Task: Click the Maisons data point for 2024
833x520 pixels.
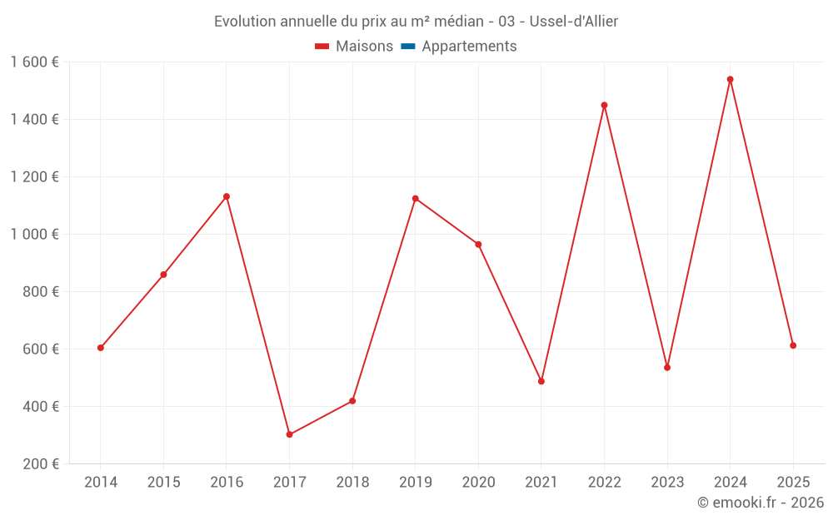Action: click(730, 80)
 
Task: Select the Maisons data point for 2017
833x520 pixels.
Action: click(289, 434)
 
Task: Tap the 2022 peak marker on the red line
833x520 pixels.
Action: click(604, 106)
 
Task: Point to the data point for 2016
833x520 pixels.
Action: click(227, 196)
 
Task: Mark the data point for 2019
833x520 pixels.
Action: click(415, 199)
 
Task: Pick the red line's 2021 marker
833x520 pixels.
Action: click(541, 381)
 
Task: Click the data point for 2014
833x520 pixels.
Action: click(101, 348)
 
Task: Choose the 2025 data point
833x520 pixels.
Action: click(793, 345)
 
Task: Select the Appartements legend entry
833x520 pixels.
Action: click(469, 47)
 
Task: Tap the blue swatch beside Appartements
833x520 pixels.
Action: click(408, 47)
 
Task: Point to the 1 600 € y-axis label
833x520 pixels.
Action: click(35, 62)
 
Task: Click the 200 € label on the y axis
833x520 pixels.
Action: click(42, 464)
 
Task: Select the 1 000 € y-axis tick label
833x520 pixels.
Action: click(35, 235)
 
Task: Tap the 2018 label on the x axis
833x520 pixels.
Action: click(352, 483)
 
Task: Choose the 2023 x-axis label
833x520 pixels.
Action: click(667, 483)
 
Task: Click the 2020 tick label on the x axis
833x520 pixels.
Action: click(478, 483)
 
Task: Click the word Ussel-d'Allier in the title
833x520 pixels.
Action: click(574, 22)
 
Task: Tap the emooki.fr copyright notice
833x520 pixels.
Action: click(761, 503)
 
